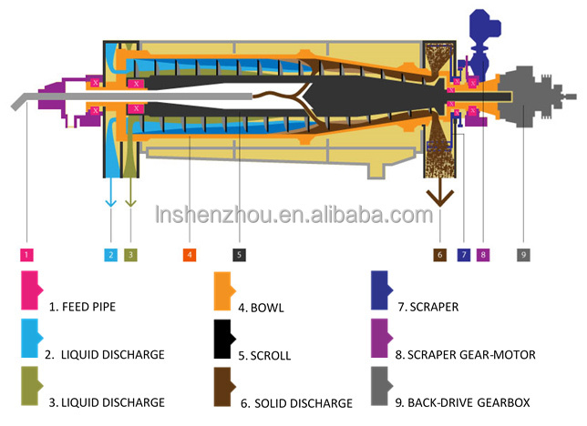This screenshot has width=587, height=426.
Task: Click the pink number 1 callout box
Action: coord(28,255)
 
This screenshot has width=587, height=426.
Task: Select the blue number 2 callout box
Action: coord(111,255)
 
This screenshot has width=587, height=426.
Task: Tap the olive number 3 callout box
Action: coord(130,255)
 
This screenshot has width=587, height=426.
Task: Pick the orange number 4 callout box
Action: coord(190,255)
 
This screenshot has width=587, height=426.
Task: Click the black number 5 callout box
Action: coord(238,255)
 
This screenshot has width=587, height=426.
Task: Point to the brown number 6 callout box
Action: coord(439,255)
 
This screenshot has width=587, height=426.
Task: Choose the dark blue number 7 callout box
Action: coord(463,255)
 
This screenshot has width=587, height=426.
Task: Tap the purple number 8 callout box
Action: coord(483,255)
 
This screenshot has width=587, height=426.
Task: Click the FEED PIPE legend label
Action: coord(88,307)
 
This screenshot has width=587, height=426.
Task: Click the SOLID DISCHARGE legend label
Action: coord(296,402)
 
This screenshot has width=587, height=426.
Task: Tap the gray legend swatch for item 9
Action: coord(382,386)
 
